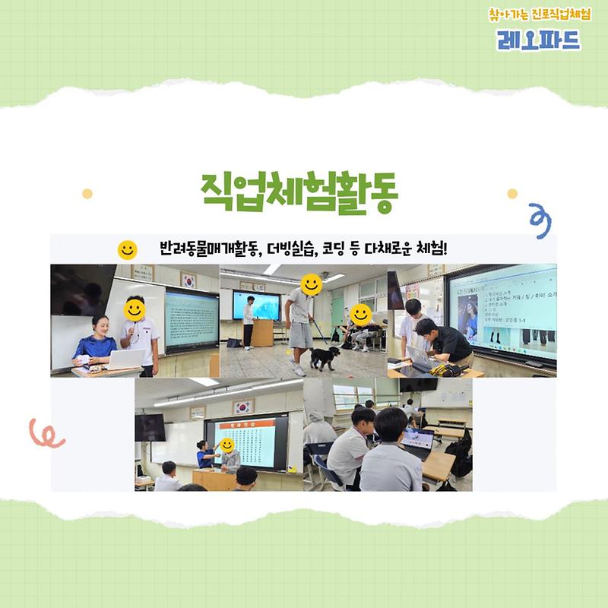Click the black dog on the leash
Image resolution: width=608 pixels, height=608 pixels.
[324, 356]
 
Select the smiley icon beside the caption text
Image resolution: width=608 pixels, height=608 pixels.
[127, 249]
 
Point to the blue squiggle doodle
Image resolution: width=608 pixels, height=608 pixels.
[540, 220]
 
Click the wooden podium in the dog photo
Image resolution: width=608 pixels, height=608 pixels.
[261, 332]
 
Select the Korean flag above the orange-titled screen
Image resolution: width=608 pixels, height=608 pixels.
[242, 407]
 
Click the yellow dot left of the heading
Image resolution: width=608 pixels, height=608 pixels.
[87, 193]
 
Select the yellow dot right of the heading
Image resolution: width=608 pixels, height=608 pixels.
[511, 193]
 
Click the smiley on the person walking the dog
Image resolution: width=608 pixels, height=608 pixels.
[310, 284]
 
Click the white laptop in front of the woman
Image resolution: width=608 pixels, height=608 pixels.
[125, 359]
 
